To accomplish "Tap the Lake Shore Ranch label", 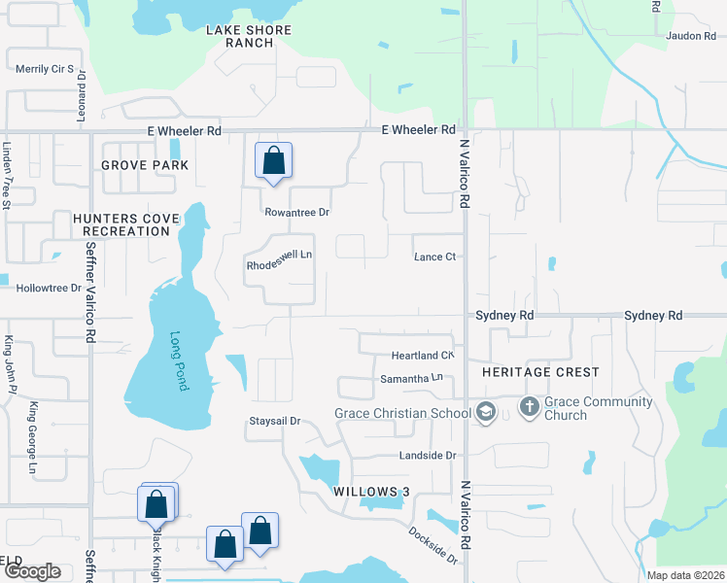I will point(249,36).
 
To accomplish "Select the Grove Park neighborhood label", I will point(145,165).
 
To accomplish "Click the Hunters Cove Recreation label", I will point(126,224).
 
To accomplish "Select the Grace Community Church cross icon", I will point(530,406).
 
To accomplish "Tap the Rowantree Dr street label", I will point(296,212).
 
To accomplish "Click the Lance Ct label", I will point(435,257).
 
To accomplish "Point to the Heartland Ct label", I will point(423,356).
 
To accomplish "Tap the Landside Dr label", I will point(427,455).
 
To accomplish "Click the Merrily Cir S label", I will point(45,68).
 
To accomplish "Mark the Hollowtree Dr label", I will point(49,288).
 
